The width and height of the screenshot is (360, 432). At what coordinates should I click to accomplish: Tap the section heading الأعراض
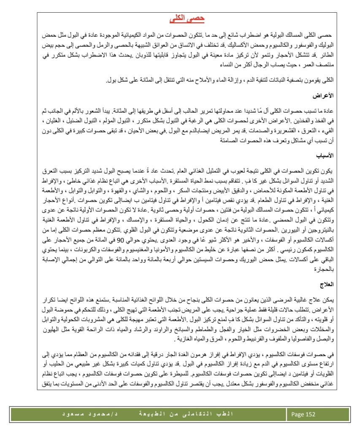324,96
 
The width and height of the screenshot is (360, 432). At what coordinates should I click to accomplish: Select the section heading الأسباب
324,155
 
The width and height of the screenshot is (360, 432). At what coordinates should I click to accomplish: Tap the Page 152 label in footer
303,414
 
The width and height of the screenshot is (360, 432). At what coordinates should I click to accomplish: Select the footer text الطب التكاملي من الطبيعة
196,414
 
